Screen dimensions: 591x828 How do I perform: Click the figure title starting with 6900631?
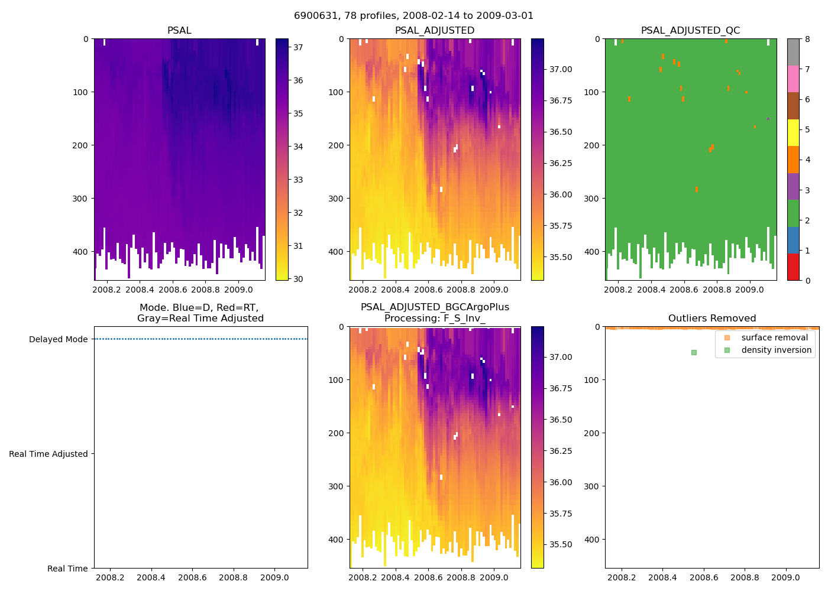click(413, 16)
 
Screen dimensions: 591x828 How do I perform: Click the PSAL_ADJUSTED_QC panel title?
click(690, 31)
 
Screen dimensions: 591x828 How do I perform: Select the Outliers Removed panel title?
click(711, 319)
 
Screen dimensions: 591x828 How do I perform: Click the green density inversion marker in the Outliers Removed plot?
click(694, 352)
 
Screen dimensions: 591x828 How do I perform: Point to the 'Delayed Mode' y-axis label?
click(58, 339)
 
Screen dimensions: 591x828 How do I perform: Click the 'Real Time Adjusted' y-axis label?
click(48, 454)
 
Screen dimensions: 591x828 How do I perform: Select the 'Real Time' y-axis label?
click(67, 569)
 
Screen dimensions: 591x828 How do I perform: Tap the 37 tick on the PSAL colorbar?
click(299, 47)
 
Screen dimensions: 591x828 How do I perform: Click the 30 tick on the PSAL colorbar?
click(299, 279)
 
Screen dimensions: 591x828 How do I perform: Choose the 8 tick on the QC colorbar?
click(807, 39)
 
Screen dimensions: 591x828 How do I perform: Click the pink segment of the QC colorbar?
click(793, 79)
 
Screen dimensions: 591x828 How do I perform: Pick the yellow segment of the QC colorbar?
click(793, 132)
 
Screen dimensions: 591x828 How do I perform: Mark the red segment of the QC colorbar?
click(793, 267)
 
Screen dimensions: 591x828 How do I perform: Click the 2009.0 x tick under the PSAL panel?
click(239, 290)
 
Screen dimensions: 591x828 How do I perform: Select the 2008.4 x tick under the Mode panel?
click(151, 577)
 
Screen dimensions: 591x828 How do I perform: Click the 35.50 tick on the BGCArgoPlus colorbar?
click(561, 544)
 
